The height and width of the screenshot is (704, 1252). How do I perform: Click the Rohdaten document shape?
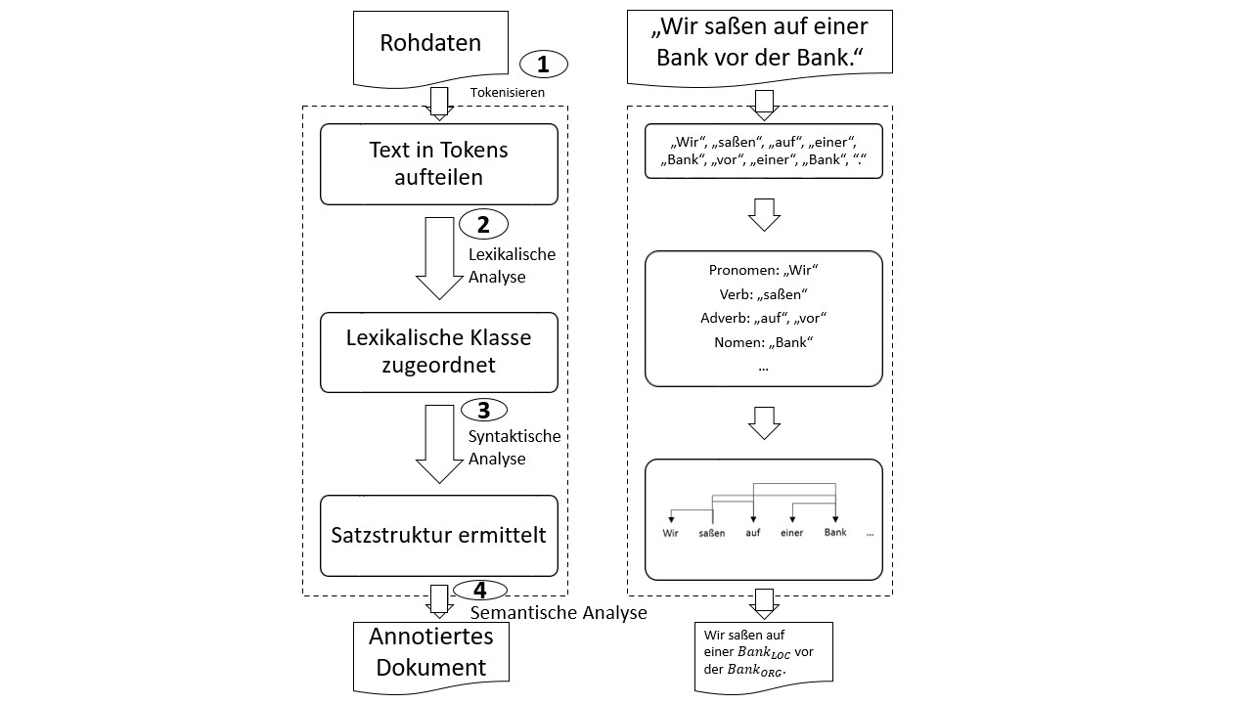click(x=430, y=45)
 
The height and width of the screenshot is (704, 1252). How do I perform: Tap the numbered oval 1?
click(x=544, y=65)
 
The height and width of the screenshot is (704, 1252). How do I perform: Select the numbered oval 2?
click(x=483, y=224)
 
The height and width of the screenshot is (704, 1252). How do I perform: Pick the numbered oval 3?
click(x=483, y=410)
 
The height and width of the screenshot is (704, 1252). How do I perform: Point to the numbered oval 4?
click(x=479, y=591)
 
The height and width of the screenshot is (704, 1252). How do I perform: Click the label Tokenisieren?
click(x=507, y=92)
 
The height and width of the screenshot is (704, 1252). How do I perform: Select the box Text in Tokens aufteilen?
click(x=438, y=163)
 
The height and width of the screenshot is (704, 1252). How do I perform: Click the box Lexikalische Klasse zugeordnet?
click(x=438, y=351)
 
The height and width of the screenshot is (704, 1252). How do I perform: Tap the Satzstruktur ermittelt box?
click(x=438, y=535)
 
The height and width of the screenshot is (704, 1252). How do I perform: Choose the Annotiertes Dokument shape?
click(x=430, y=652)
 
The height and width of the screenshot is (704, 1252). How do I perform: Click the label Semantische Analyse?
click(x=559, y=613)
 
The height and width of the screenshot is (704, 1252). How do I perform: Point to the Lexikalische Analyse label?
click(x=511, y=265)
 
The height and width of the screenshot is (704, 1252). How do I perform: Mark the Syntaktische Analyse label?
click(x=514, y=447)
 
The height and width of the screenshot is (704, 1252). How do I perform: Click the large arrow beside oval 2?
click(x=438, y=256)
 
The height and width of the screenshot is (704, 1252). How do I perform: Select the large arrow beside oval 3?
click(x=438, y=441)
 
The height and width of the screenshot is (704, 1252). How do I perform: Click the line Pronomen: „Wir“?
click(x=763, y=271)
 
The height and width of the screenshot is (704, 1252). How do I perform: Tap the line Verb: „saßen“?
click(x=763, y=294)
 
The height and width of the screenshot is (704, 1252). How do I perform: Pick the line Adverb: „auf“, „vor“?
click(x=763, y=318)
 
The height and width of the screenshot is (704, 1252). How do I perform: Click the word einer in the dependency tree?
click(x=791, y=533)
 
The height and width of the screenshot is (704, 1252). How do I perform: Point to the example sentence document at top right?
click(x=759, y=41)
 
